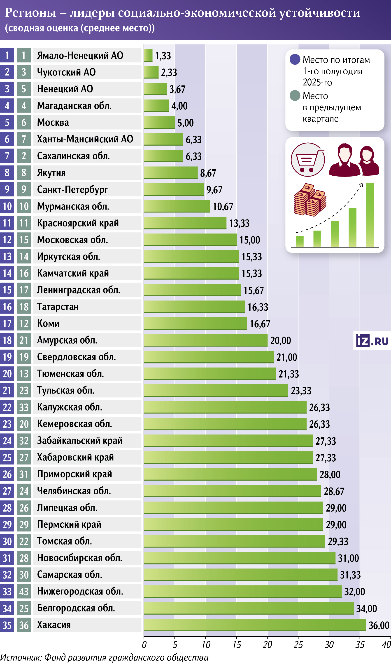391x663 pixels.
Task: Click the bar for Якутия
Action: click(x=171, y=173)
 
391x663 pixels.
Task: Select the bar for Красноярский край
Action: click(x=185, y=223)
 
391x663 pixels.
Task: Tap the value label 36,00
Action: click(x=379, y=625)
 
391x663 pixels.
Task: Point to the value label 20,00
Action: click(x=280, y=341)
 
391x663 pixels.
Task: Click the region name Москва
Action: click(x=53, y=123)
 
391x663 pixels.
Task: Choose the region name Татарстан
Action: click(x=58, y=307)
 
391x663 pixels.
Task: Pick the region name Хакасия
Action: click(x=54, y=625)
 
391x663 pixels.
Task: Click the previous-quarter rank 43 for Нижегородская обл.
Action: click(x=24, y=592)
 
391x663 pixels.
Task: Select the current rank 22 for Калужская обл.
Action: click(x=7, y=407)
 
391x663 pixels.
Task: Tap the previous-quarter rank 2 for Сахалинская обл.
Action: click(x=24, y=156)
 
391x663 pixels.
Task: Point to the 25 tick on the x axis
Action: click(x=298, y=645)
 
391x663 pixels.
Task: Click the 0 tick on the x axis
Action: click(x=144, y=645)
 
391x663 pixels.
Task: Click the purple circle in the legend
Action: click(x=295, y=59)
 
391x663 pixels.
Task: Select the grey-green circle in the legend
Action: click(x=295, y=96)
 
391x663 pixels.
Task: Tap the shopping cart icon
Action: click(x=307, y=160)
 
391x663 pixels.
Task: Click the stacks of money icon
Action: click(x=310, y=200)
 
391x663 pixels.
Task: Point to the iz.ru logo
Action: click(x=372, y=341)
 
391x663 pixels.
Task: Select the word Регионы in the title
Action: click(x=30, y=13)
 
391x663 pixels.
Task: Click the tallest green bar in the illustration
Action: click(x=370, y=215)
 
